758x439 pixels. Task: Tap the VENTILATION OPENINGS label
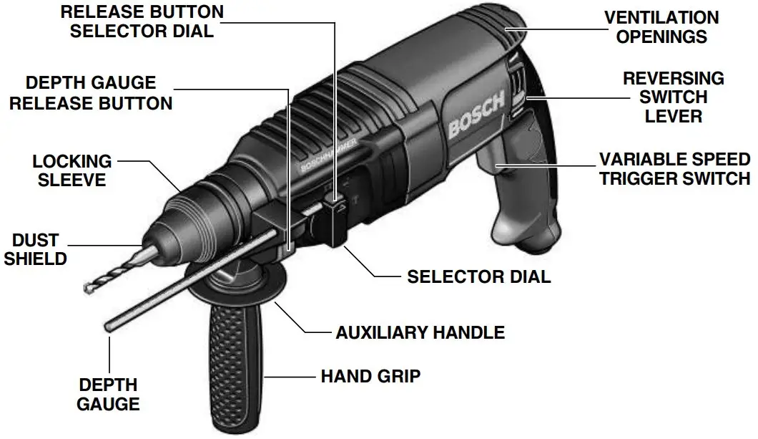[x=661, y=26]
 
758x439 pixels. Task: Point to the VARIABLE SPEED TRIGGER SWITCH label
[x=674, y=168]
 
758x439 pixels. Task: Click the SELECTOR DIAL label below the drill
[x=478, y=276]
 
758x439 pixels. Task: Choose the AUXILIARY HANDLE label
[x=420, y=332]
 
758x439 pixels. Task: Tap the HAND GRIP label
[x=370, y=375]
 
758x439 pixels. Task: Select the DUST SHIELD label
[x=35, y=249]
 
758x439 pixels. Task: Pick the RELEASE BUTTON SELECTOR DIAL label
[x=142, y=21]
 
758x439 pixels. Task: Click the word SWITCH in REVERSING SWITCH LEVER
[x=674, y=97]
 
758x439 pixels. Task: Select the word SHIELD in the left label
[x=35, y=258]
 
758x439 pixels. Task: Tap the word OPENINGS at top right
[x=661, y=36]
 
